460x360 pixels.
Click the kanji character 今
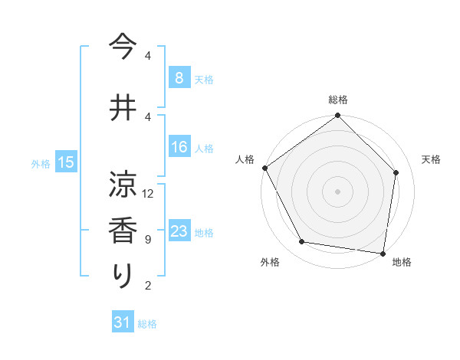pyautogui.click(x=123, y=47)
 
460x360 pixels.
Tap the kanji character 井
pyautogui.click(x=123, y=107)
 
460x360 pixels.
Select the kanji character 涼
pyautogui.click(x=123, y=185)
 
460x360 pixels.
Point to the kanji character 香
pyautogui.click(x=123, y=231)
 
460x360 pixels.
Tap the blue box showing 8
pyautogui.click(x=179, y=78)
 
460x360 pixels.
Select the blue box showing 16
pyautogui.click(x=179, y=148)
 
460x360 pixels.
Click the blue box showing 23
pyautogui.click(x=179, y=231)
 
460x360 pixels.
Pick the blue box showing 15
pyautogui.click(x=66, y=162)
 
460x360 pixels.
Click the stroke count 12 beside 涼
pyautogui.click(x=148, y=194)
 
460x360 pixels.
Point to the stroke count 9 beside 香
pyautogui.click(x=147, y=240)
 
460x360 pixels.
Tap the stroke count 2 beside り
pyautogui.click(x=147, y=286)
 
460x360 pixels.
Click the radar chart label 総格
pyautogui.click(x=338, y=100)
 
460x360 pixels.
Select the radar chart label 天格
pyautogui.click(x=432, y=159)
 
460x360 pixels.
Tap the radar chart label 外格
pyautogui.click(x=270, y=262)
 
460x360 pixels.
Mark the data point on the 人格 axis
pyautogui.click(x=264, y=168)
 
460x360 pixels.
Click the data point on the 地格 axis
pyautogui.click(x=383, y=253)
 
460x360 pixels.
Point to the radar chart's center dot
pyautogui.click(x=338, y=191)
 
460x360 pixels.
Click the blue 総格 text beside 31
pyautogui.click(x=147, y=324)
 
